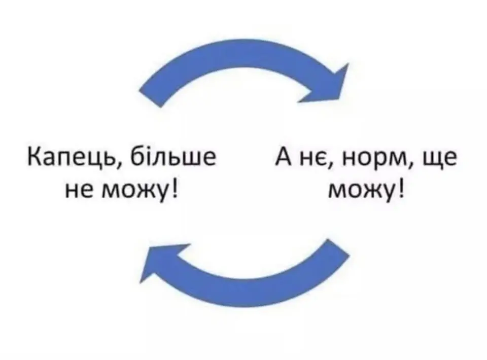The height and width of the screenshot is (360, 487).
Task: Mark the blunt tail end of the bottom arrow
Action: point(338,247)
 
